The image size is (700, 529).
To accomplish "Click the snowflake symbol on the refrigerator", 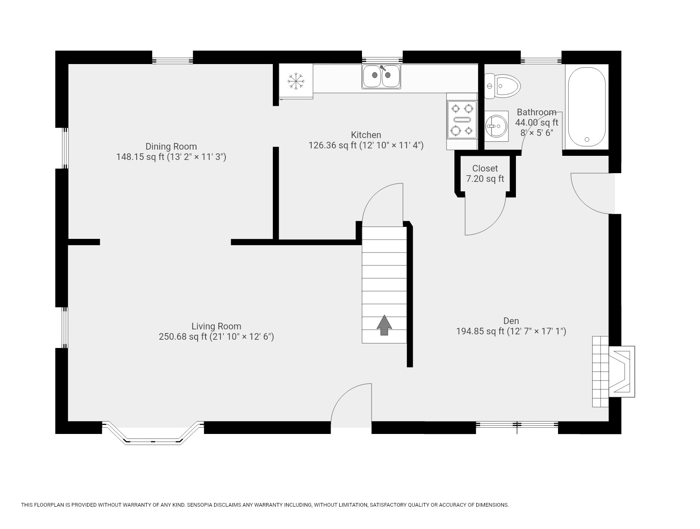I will (x=296, y=81).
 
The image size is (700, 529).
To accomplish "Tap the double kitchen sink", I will (x=381, y=76).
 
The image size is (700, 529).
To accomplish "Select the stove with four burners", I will (x=462, y=120).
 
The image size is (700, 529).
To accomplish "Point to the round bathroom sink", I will (x=495, y=126).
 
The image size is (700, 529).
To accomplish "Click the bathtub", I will (x=586, y=107).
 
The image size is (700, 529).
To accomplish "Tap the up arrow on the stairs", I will (x=384, y=325).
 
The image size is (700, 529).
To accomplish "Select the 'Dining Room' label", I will (x=171, y=146).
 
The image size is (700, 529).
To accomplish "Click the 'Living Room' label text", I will (x=216, y=326).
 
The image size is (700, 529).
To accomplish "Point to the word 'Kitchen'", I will (x=366, y=135).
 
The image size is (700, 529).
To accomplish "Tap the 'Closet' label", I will (x=485, y=168).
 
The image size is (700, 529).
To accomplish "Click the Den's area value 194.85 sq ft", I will (x=480, y=331).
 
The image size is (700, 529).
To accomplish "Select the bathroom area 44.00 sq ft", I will (x=536, y=123).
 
